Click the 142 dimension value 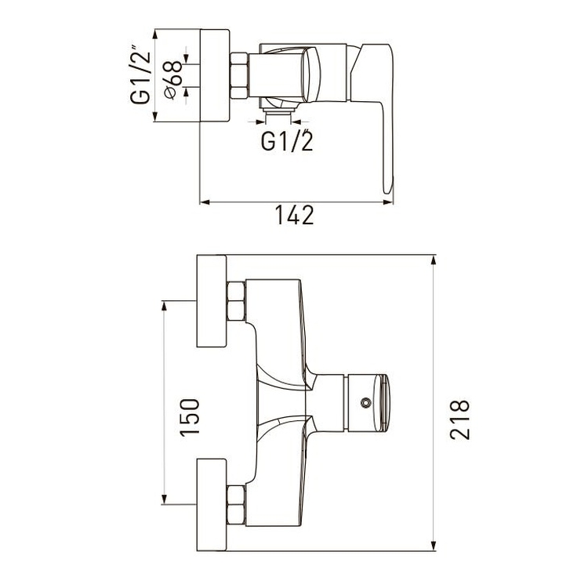tap(294, 216)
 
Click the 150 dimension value tap(190, 417)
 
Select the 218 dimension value tap(459, 419)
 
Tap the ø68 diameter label tap(173, 80)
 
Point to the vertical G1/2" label tap(140, 74)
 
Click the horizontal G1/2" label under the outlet tap(287, 140)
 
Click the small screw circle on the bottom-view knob tap(365, 403)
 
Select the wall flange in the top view tap(215, 75)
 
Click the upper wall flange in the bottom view tap(212, 301)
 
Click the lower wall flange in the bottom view tap(212, 505)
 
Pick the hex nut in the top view tap(239, 76)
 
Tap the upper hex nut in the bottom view tap(236, 302)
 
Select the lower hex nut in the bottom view tap(236, 505)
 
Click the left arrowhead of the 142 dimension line tap(205, 202)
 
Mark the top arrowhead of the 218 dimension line tap(434, 260)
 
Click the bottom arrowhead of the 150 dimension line tap(164, 499)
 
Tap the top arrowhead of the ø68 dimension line tap(187, 58)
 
